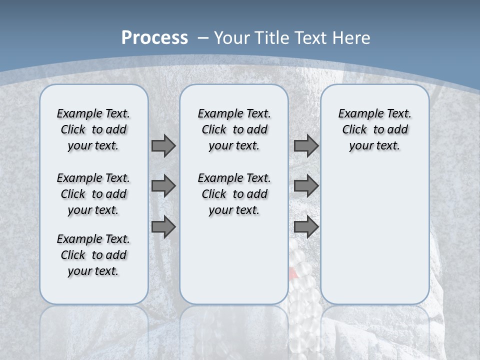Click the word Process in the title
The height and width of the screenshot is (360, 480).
pyautogui.click(x=154, y=38)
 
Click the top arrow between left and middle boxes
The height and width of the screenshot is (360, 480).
pyautogui.click(x=163, y=146)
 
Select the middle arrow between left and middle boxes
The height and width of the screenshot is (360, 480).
pyautogui.click(x=163, y=186)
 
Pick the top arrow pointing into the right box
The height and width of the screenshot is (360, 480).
pyautogui.click(x=306, y=146)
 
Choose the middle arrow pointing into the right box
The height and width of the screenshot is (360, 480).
pyautogui.click(x=306, y=186)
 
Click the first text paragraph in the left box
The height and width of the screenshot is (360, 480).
pyautogui.click(x=93, y=129)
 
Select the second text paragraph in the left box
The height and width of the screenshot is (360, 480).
pyautogui.click(x=93, y=194)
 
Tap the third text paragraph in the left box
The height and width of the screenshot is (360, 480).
pyautogui.click(x=93, y=255)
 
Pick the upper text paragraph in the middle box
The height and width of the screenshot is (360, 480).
pyautogui.click(x=234, y=129)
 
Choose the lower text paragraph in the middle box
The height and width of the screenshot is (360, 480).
pyautogui.click(x=234, y=194)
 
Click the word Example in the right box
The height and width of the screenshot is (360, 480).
pyautogui.click(x=356, y=114)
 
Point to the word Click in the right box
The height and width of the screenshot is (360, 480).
pyautogui.click(x=354, y=130)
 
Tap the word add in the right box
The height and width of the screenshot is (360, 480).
pyautogui.click(x=398, y=130)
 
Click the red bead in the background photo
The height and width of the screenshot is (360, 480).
pyautogui.click(x=292, y=273)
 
